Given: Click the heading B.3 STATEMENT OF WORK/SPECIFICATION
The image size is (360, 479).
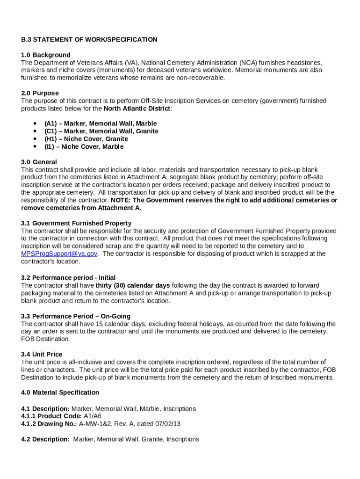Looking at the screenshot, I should pyautogui.click(x=89, y=40).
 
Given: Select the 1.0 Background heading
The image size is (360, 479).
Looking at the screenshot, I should pyautogui.click(x=46, y=55).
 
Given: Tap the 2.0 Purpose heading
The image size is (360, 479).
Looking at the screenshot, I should pyautogui.click(x=40, y=93).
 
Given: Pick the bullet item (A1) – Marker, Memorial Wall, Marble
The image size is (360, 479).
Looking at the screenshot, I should pyautogui.click(x=101, y=123).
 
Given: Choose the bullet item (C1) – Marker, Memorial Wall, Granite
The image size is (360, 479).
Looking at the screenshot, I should pyautogui.click(x=101, y=131).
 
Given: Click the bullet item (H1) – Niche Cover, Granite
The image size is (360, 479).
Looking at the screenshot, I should pyautogui.click(x=86, y=139).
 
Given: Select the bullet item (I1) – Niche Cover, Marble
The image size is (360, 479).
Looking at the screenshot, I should pyautogui.click(x=84, y=147).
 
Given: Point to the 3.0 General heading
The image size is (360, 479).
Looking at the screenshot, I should pyautogui.click(x=39, y=162).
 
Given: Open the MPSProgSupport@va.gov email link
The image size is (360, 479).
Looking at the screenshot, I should pyautogui.click(x=59, y=254).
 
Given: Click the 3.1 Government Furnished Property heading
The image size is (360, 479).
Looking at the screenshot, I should pyautogui.click(x=76, y=223).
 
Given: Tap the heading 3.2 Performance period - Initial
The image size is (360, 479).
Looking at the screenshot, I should pyautogui.click(x=68, y=278).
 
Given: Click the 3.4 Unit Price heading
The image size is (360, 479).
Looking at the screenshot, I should pyautogui.click(x=42, y=355).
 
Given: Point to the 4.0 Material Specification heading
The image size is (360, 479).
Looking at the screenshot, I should pyautogui.click(x=60, y=392).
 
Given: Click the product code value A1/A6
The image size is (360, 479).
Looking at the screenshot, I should pyautogui.click(x=93, y=416).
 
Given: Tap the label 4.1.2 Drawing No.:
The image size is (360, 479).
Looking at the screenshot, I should pyautogui.click(x=49, y=424).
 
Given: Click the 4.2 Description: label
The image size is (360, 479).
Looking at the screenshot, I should pyautogui.click(x=45, y=439).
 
